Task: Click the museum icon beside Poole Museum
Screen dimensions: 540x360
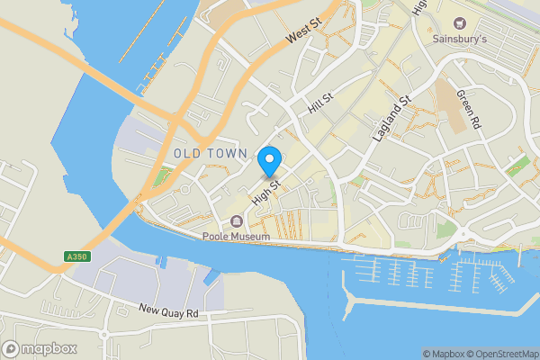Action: coord(237,221)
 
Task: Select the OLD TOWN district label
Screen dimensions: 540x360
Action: coord(211,155)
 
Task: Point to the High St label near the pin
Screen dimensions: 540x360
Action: coord(268,191)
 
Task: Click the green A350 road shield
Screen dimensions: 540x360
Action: coord(76,256)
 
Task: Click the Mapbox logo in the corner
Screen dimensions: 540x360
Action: coord(40,348)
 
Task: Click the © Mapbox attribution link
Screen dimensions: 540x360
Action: coord(442,354)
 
